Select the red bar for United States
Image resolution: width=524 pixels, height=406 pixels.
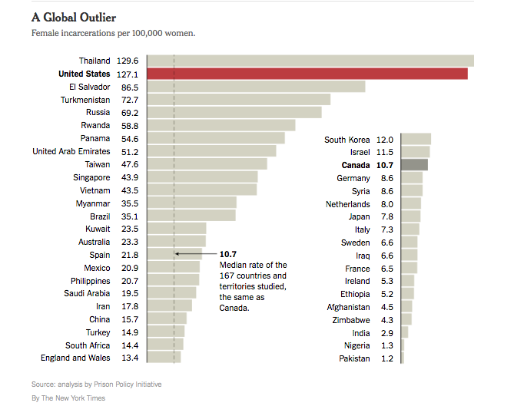(307, 74)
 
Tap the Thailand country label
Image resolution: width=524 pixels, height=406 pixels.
(95, 61)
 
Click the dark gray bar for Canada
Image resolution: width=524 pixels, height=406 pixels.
(414, 165)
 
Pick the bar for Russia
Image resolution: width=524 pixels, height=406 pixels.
(234, 113)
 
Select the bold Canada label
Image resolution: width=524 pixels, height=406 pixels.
(356, 165)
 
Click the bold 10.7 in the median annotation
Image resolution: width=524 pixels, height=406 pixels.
(228, 254)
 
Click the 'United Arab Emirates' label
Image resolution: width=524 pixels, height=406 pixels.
(71, 151)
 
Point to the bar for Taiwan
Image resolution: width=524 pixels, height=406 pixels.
(207, 164)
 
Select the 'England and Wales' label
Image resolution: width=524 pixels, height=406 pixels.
(75, 358)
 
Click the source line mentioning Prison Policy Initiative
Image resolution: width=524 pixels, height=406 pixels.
(96, 384)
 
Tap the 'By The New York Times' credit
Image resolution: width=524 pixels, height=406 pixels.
(68, 398)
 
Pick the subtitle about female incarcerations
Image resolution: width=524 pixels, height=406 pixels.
(113, 33)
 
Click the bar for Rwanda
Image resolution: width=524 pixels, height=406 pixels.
(221, 125)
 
